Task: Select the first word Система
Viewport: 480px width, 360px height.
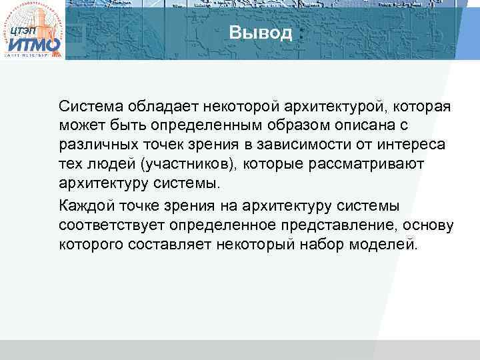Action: (x=87, y=106)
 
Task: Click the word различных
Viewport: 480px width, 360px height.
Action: (x=97, y=145)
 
